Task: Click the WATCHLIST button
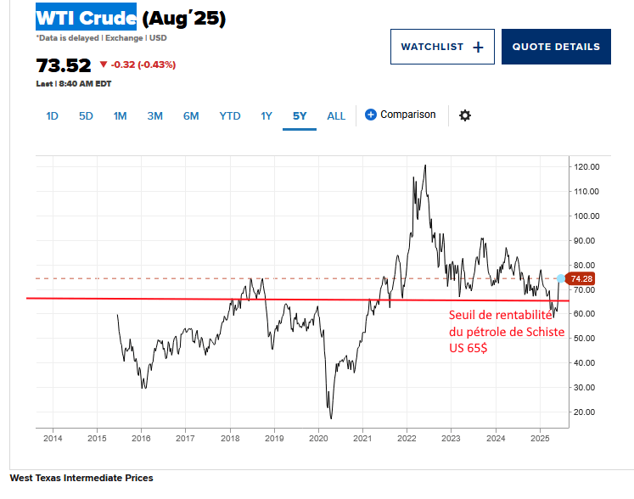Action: click(441, 47)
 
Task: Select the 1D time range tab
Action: click(52, 116)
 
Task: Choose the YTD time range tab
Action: click(229, 116)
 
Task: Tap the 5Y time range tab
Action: click(300, 116)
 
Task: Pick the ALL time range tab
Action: click(336, 116)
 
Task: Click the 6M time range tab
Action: click(191, 116)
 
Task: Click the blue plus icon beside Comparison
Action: click(371, 115)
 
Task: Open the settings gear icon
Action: click(464, 115)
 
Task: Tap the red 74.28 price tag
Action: click(581, 278)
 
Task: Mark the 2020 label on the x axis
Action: click(319, 439)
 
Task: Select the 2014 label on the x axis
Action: click(53, 439)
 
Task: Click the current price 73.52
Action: click(63, 64)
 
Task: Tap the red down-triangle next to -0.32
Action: click(104, 64)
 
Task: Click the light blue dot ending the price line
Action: click(560, 278)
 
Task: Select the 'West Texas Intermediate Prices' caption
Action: click(81, 479)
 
